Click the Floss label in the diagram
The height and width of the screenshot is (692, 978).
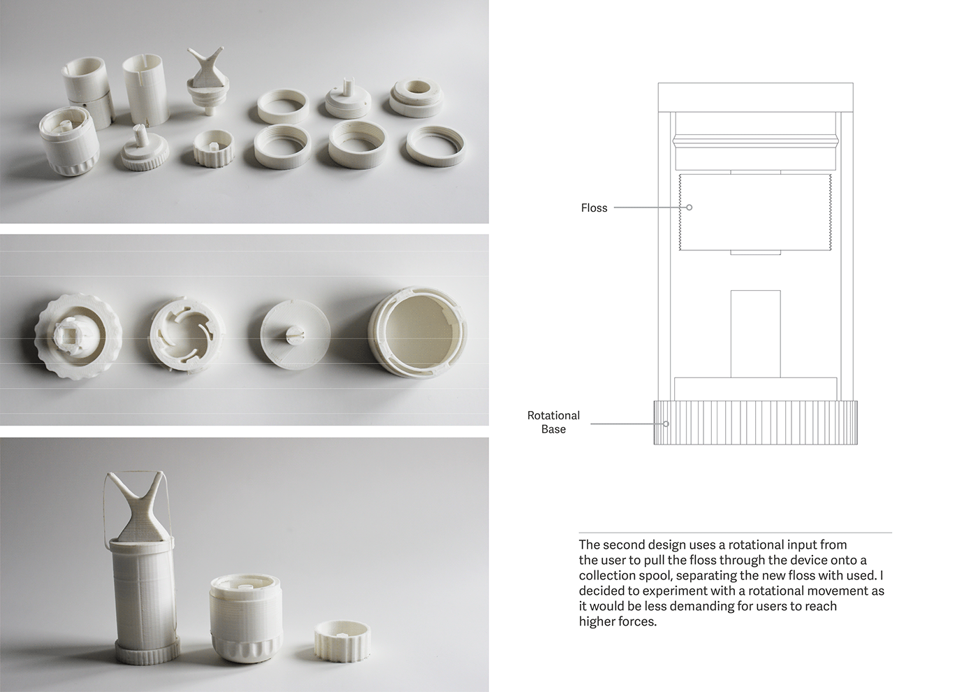click(594, 208)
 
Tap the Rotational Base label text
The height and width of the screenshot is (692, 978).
click(553, 422)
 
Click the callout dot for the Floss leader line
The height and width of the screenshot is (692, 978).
click(689, 208)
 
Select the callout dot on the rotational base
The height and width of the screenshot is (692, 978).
click(666, 424)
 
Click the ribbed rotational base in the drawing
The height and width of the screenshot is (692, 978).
click(755, 423)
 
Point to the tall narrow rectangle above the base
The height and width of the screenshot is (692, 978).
click(755, 333)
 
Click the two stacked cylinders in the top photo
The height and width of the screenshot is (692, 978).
click(89, 91)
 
